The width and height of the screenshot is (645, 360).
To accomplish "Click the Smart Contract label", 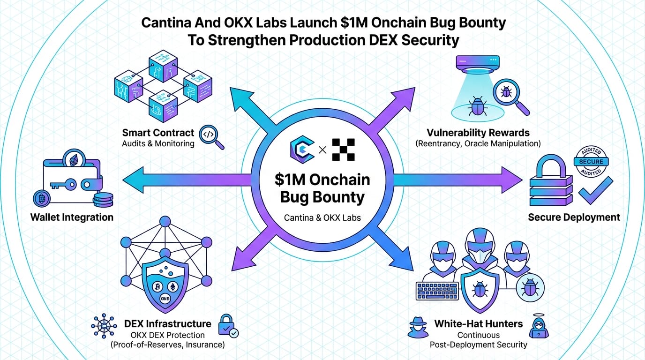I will coord(157,133).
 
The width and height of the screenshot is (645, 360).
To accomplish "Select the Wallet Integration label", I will coord(72,217).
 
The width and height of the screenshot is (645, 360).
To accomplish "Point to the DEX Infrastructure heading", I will coord(167,324).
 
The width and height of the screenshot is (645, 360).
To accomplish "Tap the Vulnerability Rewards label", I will coord(478,133).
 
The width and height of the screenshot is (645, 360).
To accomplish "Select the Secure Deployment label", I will coord(574,217).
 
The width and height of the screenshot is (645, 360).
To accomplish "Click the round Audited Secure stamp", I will coord(591,161).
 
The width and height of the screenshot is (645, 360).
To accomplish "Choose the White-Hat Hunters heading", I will coord(478,324).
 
